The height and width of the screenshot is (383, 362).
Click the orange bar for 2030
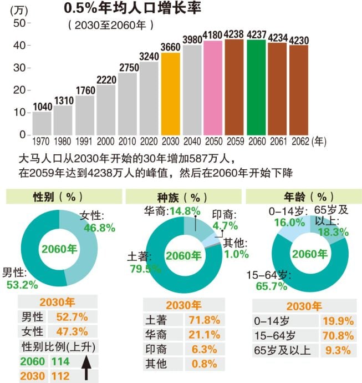coord(171,93)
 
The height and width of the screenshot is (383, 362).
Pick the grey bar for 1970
coord(42,123)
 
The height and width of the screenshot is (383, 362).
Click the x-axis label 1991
coord(85,142)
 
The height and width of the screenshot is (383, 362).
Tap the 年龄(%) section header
coord(303,197)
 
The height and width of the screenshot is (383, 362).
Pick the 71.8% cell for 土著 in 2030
coord(204,320)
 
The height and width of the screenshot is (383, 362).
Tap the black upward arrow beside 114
coord(86,368)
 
